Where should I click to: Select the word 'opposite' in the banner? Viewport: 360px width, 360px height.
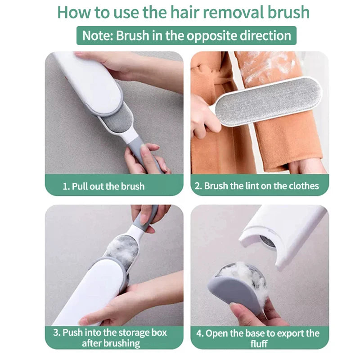pos(211,36)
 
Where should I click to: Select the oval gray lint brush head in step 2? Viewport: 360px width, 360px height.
pos(267,101)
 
